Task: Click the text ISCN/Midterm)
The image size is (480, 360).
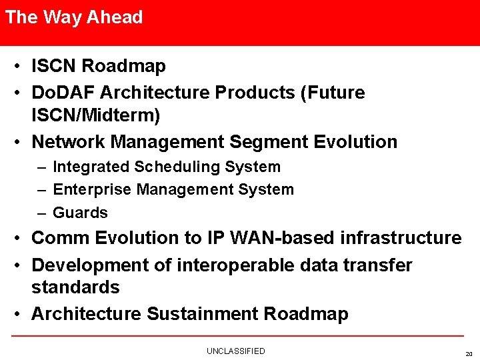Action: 96,115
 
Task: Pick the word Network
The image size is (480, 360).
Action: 69,142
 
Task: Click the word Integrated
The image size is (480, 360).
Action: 91,167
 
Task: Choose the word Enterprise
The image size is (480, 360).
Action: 92,190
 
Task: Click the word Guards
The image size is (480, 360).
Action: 80,213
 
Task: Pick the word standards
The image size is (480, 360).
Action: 75,288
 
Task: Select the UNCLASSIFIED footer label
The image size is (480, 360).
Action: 235,351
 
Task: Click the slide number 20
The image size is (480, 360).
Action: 467,354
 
